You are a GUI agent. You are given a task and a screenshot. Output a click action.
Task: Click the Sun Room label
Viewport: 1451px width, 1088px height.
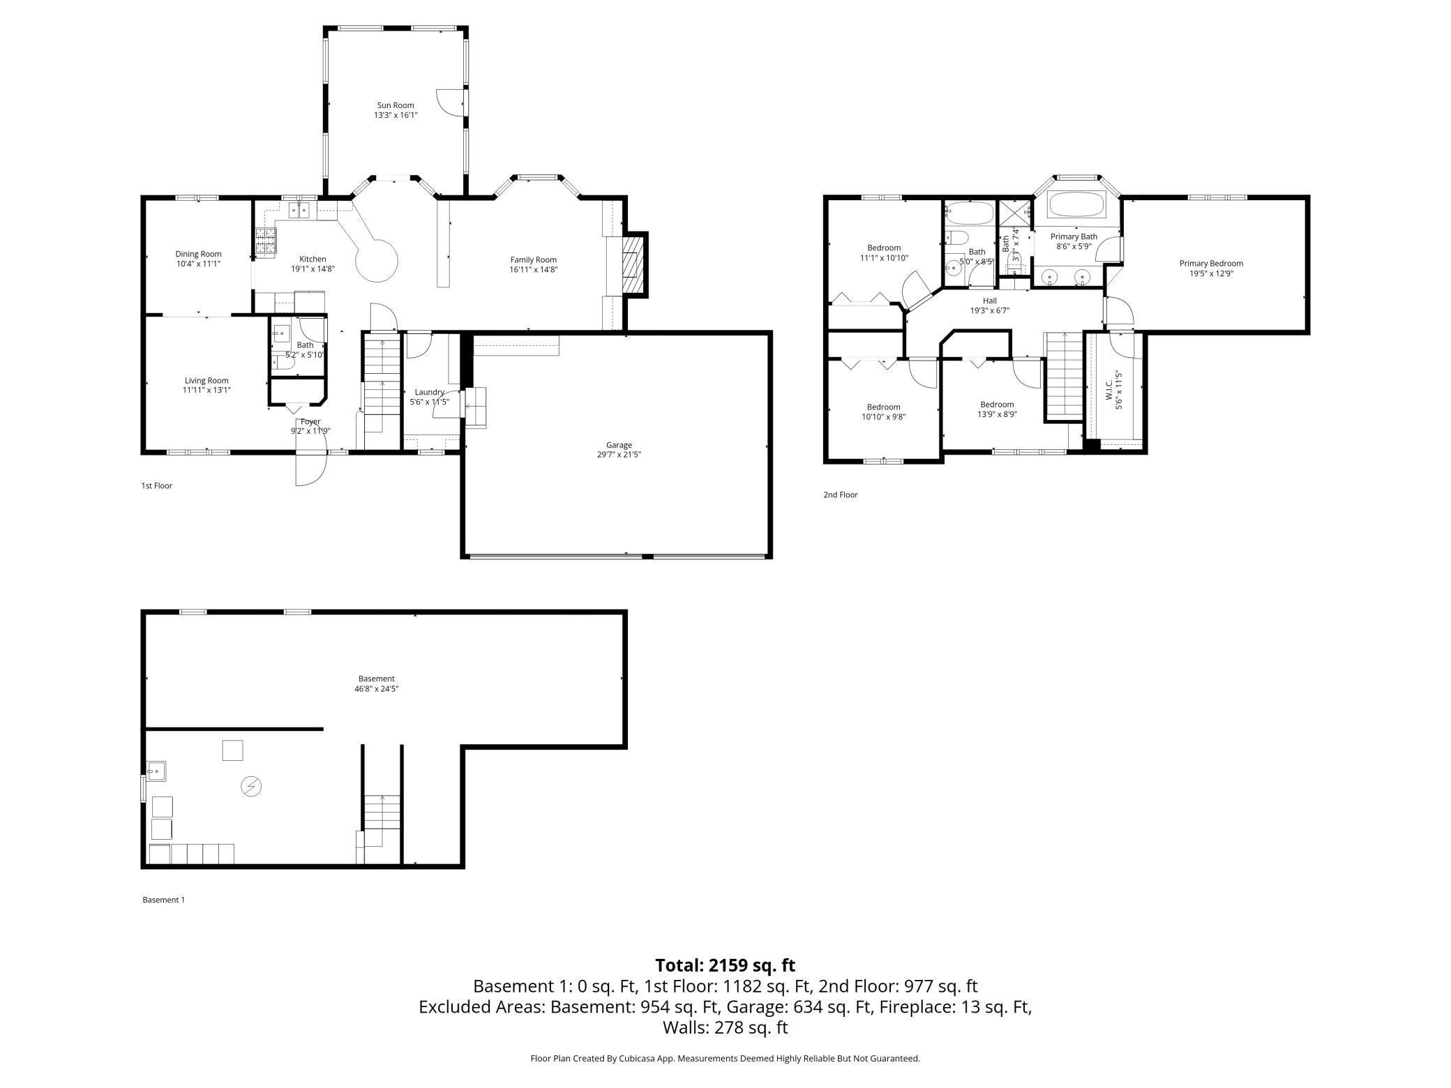tap(396, 105)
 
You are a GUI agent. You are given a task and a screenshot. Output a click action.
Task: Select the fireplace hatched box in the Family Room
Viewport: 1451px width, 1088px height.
tap(632, 265)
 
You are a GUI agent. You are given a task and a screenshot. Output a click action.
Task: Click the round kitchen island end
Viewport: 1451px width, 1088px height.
tap(377, 261)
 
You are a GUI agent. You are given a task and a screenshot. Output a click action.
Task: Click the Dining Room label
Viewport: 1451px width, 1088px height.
tap(198, 254)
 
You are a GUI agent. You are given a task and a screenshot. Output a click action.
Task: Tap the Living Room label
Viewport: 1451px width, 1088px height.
tap(206, 380)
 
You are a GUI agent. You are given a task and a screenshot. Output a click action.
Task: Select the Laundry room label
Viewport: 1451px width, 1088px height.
tap(429, 392)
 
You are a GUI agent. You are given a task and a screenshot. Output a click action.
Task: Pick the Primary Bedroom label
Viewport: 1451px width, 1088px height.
tap(1211, 263)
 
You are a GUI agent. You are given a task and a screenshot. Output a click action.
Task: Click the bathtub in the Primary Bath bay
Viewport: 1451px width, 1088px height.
tap(1076, 205)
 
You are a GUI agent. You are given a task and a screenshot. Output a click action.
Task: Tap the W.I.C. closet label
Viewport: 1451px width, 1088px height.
tap(1109, 395)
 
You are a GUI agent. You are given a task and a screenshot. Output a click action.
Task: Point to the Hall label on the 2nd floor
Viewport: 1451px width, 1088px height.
tap(989, 301)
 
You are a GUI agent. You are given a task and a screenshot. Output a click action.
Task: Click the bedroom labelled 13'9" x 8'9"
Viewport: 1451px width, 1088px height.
tap(997, 409)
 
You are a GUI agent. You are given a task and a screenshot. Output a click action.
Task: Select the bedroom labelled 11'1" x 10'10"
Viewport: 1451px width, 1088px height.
tap(884, 252)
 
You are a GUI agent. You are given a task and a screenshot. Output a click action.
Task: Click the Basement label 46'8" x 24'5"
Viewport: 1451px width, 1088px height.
tap(377, 683)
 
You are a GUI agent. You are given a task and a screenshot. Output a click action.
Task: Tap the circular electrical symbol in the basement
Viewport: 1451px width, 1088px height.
tap(250, 787)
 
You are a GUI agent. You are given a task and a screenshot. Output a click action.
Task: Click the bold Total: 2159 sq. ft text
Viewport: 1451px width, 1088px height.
tap(725, 965)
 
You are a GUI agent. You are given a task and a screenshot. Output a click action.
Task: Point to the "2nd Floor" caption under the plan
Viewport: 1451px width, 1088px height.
tap(841, 494)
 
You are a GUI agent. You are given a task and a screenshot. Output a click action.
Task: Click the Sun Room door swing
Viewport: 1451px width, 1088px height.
tap(450, 102)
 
